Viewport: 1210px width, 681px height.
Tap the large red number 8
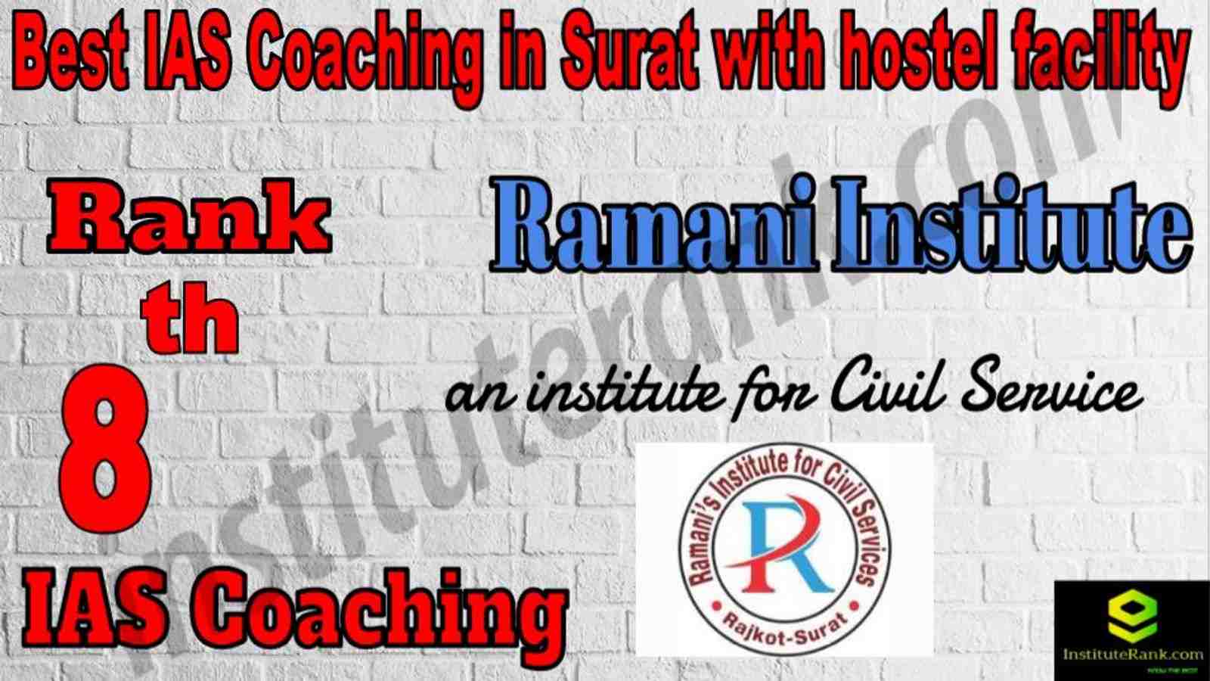coord(105,449)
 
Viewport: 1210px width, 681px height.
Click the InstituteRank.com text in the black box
coord(1132,655)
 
